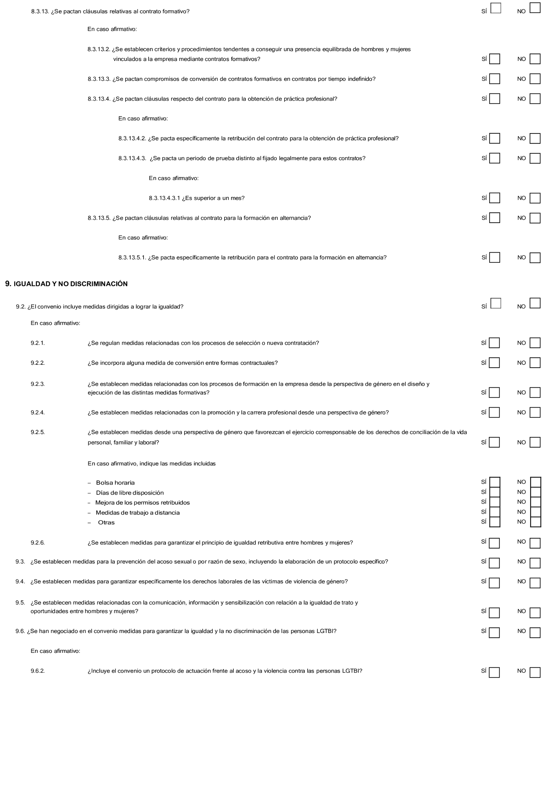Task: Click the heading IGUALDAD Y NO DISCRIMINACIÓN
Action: point(70,284)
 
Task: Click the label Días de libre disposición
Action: point(129,493)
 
